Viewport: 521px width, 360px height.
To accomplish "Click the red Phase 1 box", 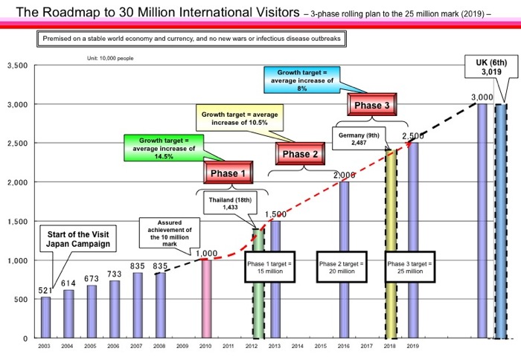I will coord(228,173).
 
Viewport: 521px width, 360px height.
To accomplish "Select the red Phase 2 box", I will coord(300,154).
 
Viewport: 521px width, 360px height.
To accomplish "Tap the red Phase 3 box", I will coord(371,106).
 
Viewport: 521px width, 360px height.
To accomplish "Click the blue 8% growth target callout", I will coord(302,78).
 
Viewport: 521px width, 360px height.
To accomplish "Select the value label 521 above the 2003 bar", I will coord(45,289).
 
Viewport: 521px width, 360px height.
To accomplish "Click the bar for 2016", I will coord(345,260).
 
